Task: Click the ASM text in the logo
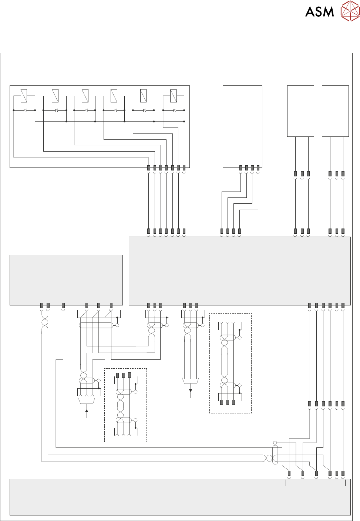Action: (x=319, y=12)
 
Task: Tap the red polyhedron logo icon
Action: (x=350, y=11)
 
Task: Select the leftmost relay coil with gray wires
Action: (x=24, y=96)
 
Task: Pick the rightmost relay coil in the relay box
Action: (x=173, y=96)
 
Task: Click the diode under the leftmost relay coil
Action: (x=25, y=110)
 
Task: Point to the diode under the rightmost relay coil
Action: (x=174, y=110)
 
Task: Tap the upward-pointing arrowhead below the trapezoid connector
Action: (x=87, y=410)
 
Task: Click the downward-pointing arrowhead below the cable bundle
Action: (x=191, y=390)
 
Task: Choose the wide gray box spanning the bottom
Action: (x=180, y=497)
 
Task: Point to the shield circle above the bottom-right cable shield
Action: (x=275, y=443)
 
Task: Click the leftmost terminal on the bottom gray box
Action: (x=289, y=473)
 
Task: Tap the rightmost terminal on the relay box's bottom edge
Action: (x=184, y=168)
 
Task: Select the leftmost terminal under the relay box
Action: (x=149, y=168)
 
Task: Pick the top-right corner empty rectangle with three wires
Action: (x=335, y=111)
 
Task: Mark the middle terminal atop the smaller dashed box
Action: (x=124, y=375)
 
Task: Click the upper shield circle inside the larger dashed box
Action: (x=240, y=338)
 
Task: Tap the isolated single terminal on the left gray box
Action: (x=63, y=305)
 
